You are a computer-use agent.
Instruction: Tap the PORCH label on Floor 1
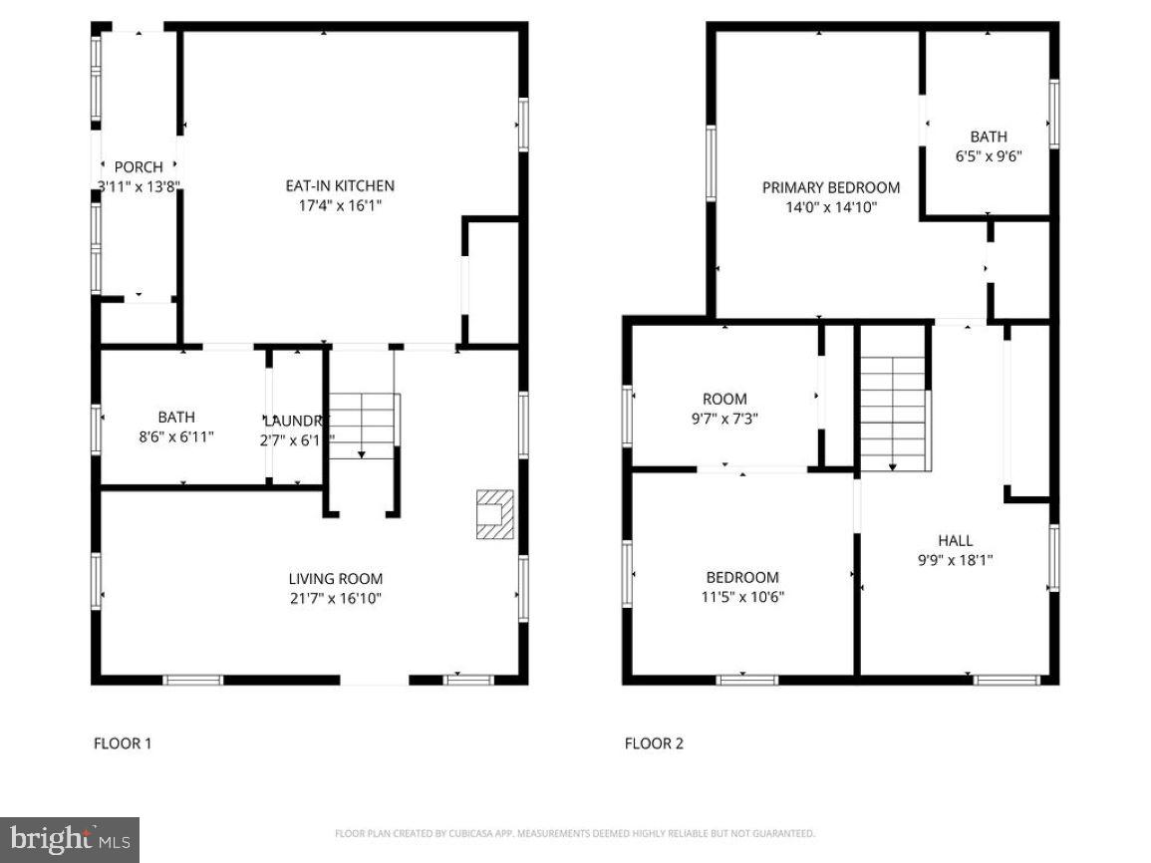coord(139,166)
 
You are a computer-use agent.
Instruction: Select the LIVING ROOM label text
coord(335,578)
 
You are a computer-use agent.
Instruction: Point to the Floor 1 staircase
coord(363,426)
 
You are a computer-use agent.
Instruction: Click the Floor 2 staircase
coord(893,414)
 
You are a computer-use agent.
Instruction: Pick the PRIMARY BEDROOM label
coord(830,187)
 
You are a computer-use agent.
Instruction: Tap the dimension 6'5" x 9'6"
coord(989,156)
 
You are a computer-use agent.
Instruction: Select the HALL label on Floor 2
coord(955,540)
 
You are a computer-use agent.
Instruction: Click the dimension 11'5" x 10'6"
coord(742,597)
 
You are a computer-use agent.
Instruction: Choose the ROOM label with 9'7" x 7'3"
coord(724,399)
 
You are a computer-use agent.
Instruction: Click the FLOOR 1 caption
coord(123,742)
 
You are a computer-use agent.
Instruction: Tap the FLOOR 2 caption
coord(654,742)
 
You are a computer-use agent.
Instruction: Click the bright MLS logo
coord(70,840)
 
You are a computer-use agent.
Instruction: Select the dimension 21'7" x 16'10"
coord(335,598)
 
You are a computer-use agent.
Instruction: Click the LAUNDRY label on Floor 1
coord(295,420)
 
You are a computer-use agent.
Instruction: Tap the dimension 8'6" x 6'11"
coord(176,436)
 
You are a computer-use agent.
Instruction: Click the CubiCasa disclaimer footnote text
coord(575,833)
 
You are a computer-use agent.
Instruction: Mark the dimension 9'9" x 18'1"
coord(955,560)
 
